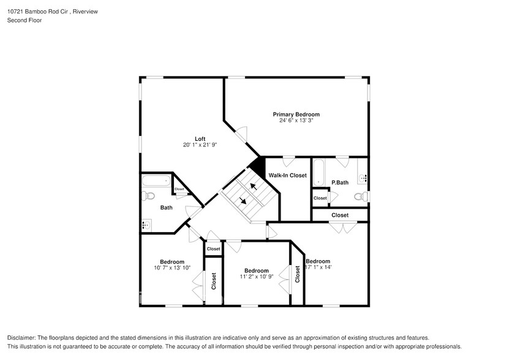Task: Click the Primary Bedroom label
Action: coord(296,114)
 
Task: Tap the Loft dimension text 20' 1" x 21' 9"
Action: coord(200,145)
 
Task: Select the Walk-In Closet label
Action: coord(287,176)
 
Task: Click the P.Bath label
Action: coord(340,182)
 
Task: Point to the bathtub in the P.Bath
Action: coord(319,173)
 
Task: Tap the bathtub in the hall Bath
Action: coord(157,181)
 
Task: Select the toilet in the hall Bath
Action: coord(148,197)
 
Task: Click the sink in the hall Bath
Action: coord(146,225)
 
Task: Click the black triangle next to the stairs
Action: coord(258,167)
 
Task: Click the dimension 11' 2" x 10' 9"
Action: coord(256,277)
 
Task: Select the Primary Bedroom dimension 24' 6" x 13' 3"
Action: coord(296,121)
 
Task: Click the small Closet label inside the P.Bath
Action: coord(320,198)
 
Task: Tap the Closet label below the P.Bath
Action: coord(340,216)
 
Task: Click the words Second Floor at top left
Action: coord(21,20)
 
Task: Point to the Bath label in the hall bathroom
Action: coord(167,208)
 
